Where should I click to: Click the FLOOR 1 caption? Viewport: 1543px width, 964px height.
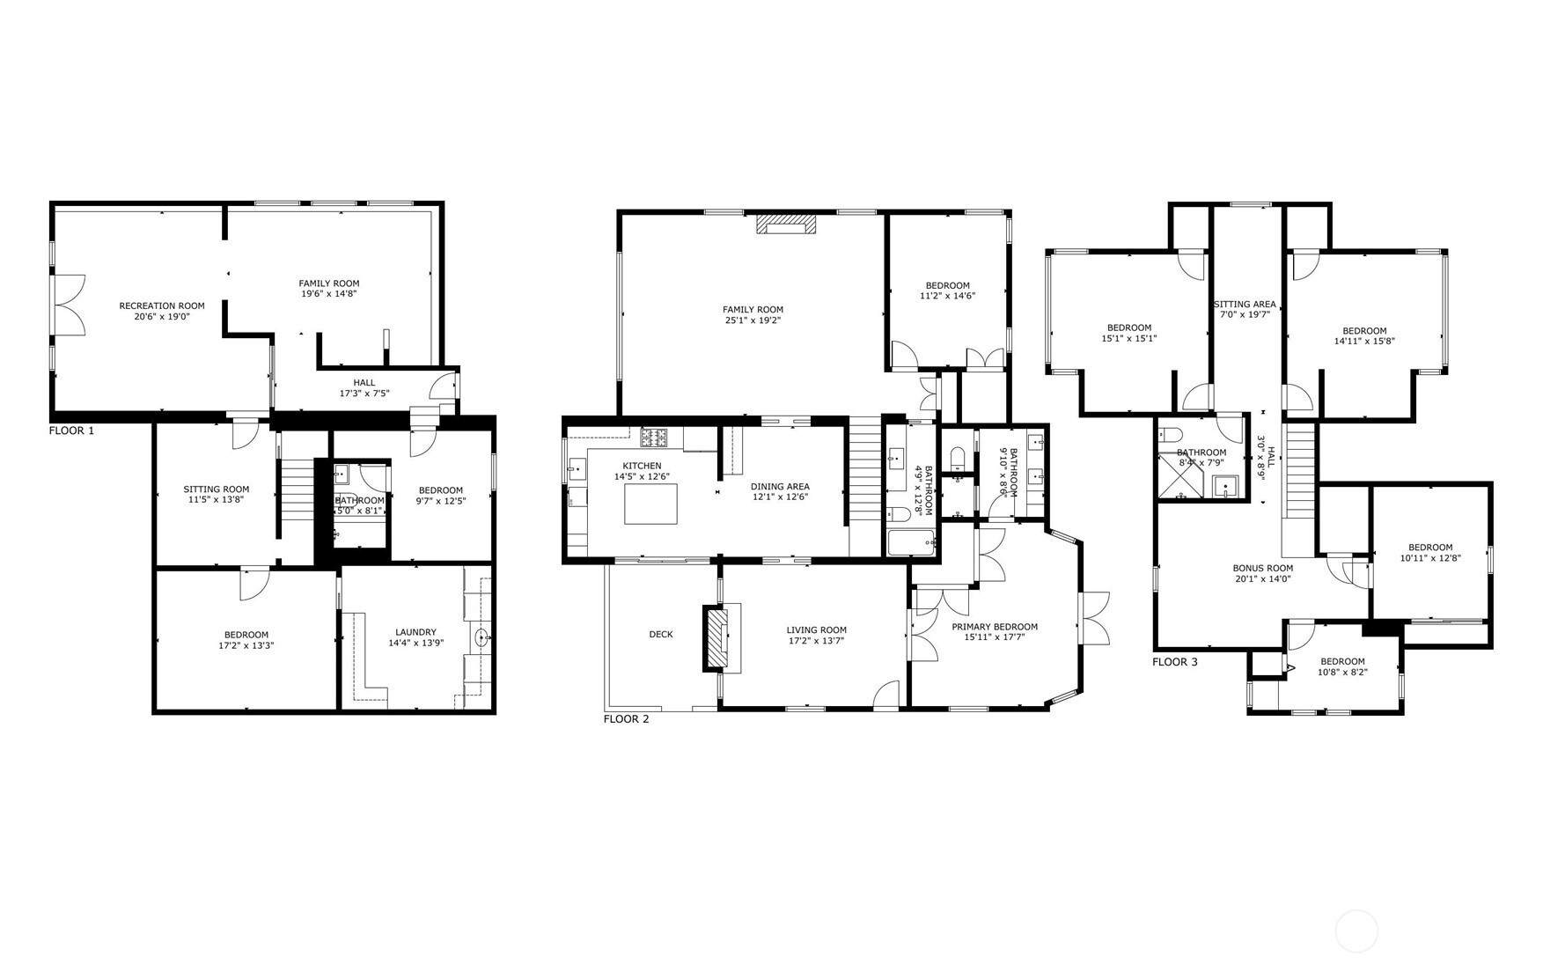(71, 430)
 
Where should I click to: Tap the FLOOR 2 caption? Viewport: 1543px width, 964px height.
(626, 719)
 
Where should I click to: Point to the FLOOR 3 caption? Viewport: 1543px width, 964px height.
(1175, 662)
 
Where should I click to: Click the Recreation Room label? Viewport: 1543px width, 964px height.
(162, 306)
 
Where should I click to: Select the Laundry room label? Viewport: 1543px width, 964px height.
(415, 632)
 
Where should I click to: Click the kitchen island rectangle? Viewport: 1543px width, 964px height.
(651, 504)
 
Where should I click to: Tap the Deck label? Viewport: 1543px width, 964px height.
(661, 635)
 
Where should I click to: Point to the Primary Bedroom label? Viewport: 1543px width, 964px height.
(995, 627)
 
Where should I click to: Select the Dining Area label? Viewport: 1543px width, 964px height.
(780, 487)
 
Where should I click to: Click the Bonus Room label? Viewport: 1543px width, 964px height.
(1262, 568)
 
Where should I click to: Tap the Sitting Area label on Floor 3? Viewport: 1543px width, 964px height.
(1245, 305)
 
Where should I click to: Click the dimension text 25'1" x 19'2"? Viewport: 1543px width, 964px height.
(753, 320)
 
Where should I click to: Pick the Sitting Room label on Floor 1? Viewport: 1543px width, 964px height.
(217, 489)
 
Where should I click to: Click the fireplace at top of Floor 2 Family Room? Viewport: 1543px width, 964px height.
(787, 224)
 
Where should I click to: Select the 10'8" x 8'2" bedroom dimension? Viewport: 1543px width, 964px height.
(1342, 672)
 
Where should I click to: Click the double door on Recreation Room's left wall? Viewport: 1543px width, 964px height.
(69, 305)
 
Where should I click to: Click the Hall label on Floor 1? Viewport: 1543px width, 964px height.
(364, 383)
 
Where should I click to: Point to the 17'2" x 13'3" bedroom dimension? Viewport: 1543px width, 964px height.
(246, 645)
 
